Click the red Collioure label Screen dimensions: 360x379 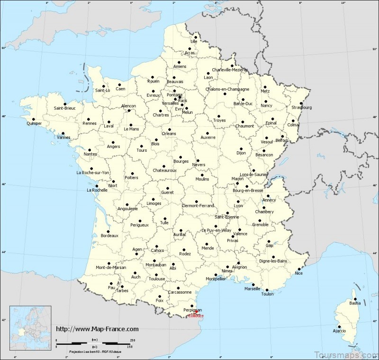[196, 316]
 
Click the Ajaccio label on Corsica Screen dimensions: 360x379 [339, 330]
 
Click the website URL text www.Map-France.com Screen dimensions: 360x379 [97, 329]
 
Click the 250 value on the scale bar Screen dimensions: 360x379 [132, 340]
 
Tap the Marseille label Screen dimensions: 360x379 [252, 288]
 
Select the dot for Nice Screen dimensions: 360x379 [299, 268]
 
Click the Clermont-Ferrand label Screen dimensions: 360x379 [198, 205]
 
